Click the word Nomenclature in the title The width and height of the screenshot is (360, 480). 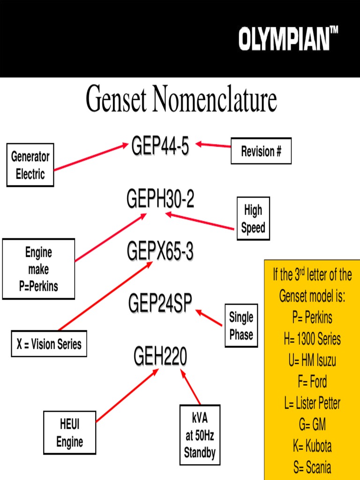point(214,99)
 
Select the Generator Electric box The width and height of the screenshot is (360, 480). point(30,165)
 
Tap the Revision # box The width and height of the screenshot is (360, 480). point(261,151)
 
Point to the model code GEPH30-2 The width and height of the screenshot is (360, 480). point(160,200)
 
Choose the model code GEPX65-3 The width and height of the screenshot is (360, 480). point(160,252)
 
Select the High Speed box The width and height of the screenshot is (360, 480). point(253,219)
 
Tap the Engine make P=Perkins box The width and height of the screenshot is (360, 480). point(38,269)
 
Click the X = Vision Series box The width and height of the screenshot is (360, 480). point(49,344)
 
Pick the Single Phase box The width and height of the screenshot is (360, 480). point(241,326)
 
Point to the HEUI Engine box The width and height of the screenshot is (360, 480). point(69,433)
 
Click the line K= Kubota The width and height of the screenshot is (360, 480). point(312,446)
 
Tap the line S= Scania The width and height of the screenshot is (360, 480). point(312,467)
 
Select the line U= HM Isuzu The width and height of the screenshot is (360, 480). point(312,360)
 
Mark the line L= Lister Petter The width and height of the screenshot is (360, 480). point(312,403)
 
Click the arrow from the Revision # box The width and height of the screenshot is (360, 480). point(213,145)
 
